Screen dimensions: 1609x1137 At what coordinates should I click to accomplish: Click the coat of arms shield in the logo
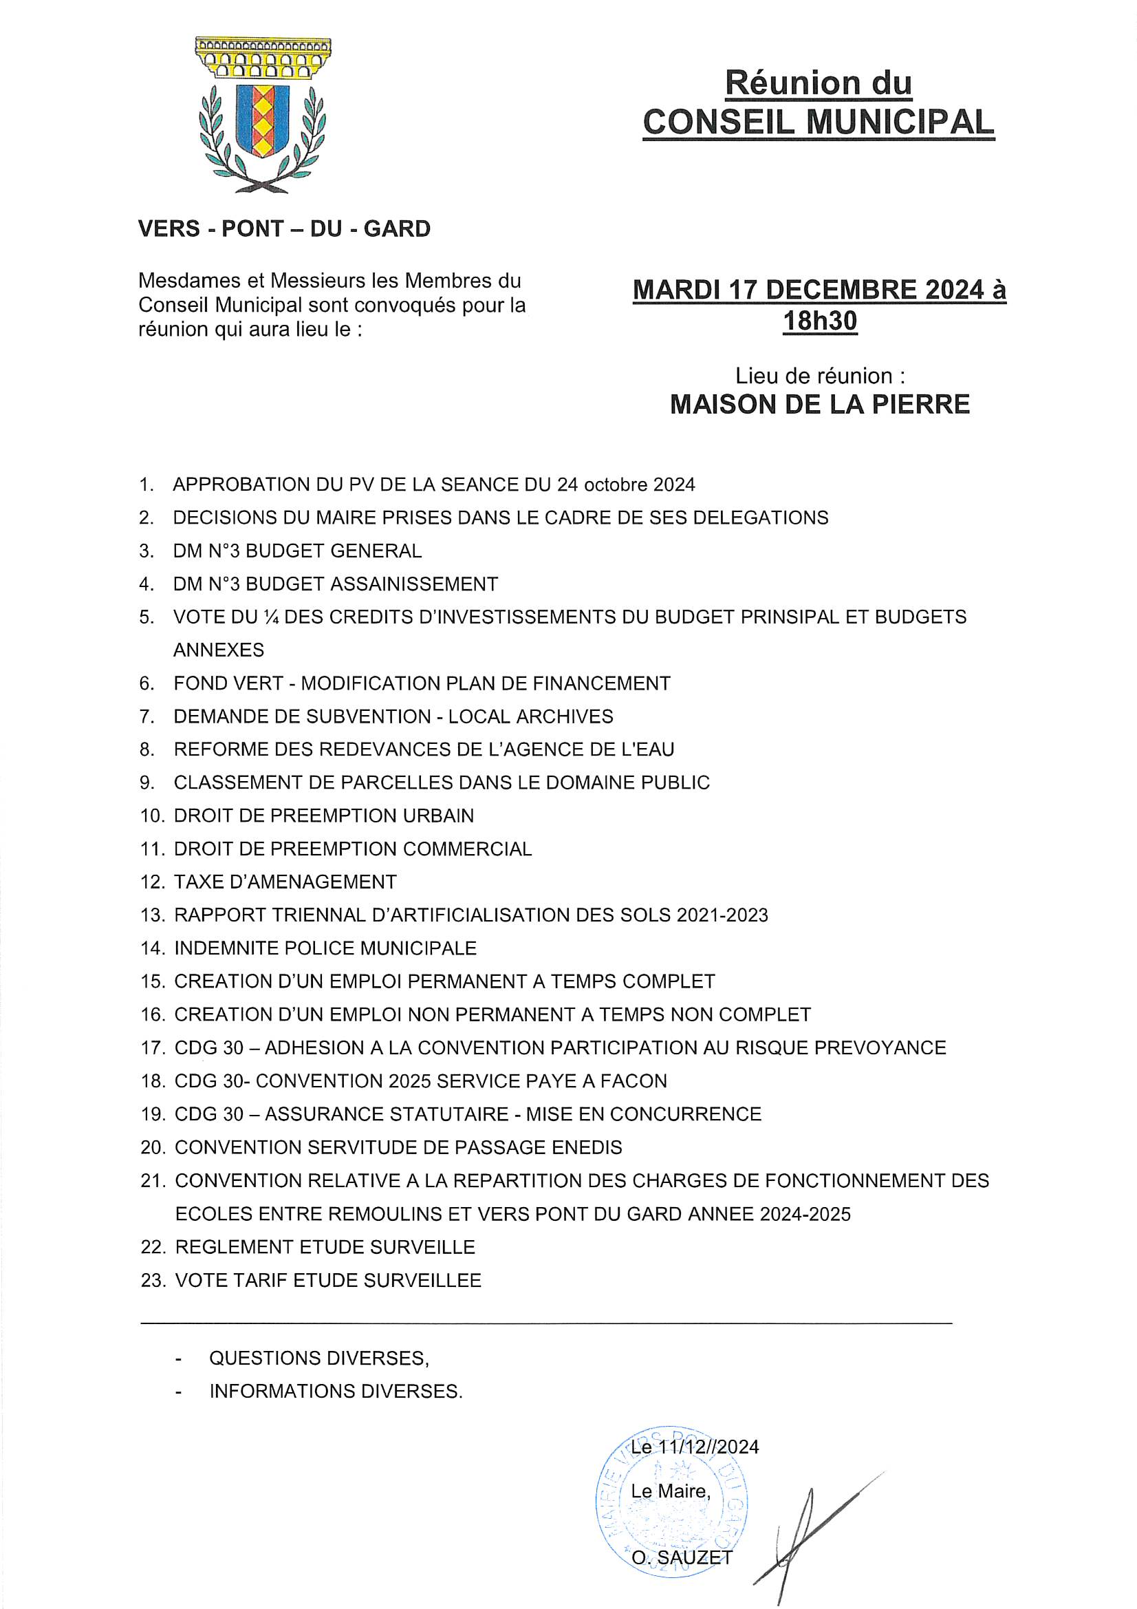coord(262,120)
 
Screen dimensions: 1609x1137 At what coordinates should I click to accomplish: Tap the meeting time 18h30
coord(819,321)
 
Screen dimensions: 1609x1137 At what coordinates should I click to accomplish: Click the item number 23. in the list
coord(153,1280)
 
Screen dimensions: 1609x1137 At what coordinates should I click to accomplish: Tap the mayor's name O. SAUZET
coord(682,1557)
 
